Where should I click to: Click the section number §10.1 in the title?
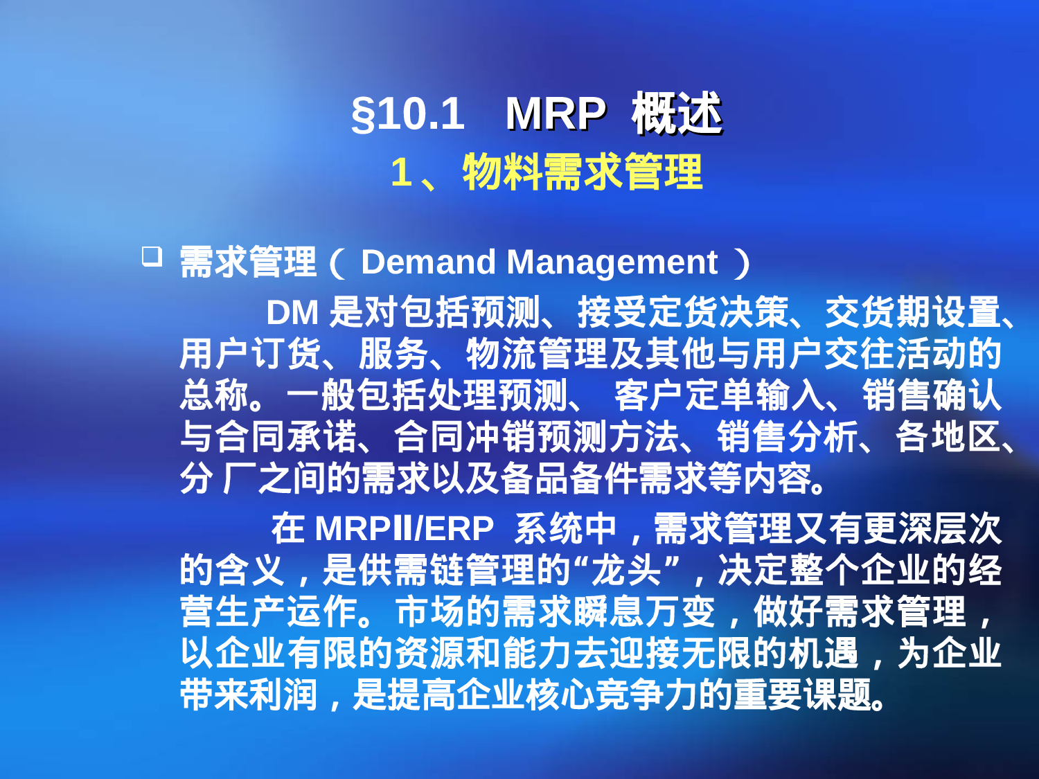pyautogui.click(x=407, y=114)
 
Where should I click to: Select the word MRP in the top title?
pyautogui.click(x=556, y=114)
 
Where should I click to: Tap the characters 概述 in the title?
pyautogui.click(x=677, y=114)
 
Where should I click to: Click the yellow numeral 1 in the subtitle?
pyautogui.click(x=401, y=172)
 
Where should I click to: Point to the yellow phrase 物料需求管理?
pyautogui.click(x=583, y=172)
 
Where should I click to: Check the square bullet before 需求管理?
pyautogui.click(x=152, y=257)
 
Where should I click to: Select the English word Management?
pyautogui.click(x=612, y=262)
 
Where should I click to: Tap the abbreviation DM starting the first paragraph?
pyautogui.click(x=292, y=312)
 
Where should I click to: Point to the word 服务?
pyautogui.click(x=394, y=354)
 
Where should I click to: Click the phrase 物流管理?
pyautogui.click(x=537, y=354)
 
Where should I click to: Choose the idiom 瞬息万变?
pyautogui.click(x=643, y=612)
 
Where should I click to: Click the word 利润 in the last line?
pyautogui.click(x=283, y=695)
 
